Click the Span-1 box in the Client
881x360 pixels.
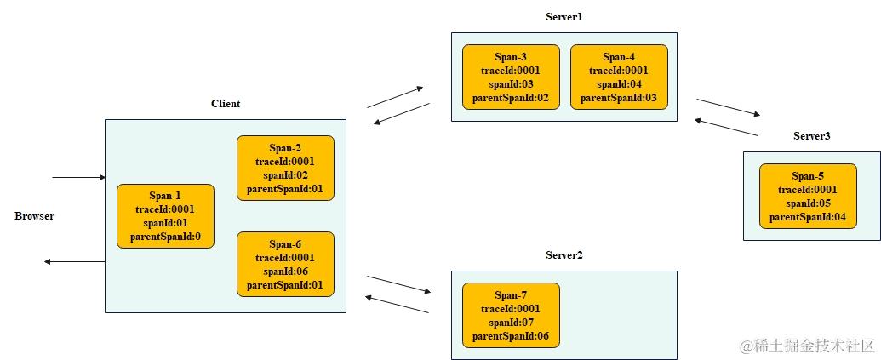pos(165,216)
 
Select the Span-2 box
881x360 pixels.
pos(285,168)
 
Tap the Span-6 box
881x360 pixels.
pos(285,264)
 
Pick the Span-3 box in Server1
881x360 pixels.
pos(511,77)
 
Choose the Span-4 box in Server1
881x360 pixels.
pos(619,77)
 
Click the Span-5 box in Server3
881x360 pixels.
pos(808,197)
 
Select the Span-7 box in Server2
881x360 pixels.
pos(511,315)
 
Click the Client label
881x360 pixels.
pos(226,104)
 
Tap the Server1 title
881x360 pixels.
pos(563,17)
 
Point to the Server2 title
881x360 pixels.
pos(563,255)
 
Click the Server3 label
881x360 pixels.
pos(811,136)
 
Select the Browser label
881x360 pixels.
pos(35,216)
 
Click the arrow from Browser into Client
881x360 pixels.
pos(77,178)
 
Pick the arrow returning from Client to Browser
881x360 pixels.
pos(74,261)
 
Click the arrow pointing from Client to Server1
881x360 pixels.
pos(395,97)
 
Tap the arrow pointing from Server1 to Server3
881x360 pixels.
pos(728,107)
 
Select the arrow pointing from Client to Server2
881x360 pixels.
pos(399,284)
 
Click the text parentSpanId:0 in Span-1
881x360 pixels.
pos(165,237)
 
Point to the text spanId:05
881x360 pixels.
pos(808,203)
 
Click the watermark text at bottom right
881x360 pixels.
pos(807,346)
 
